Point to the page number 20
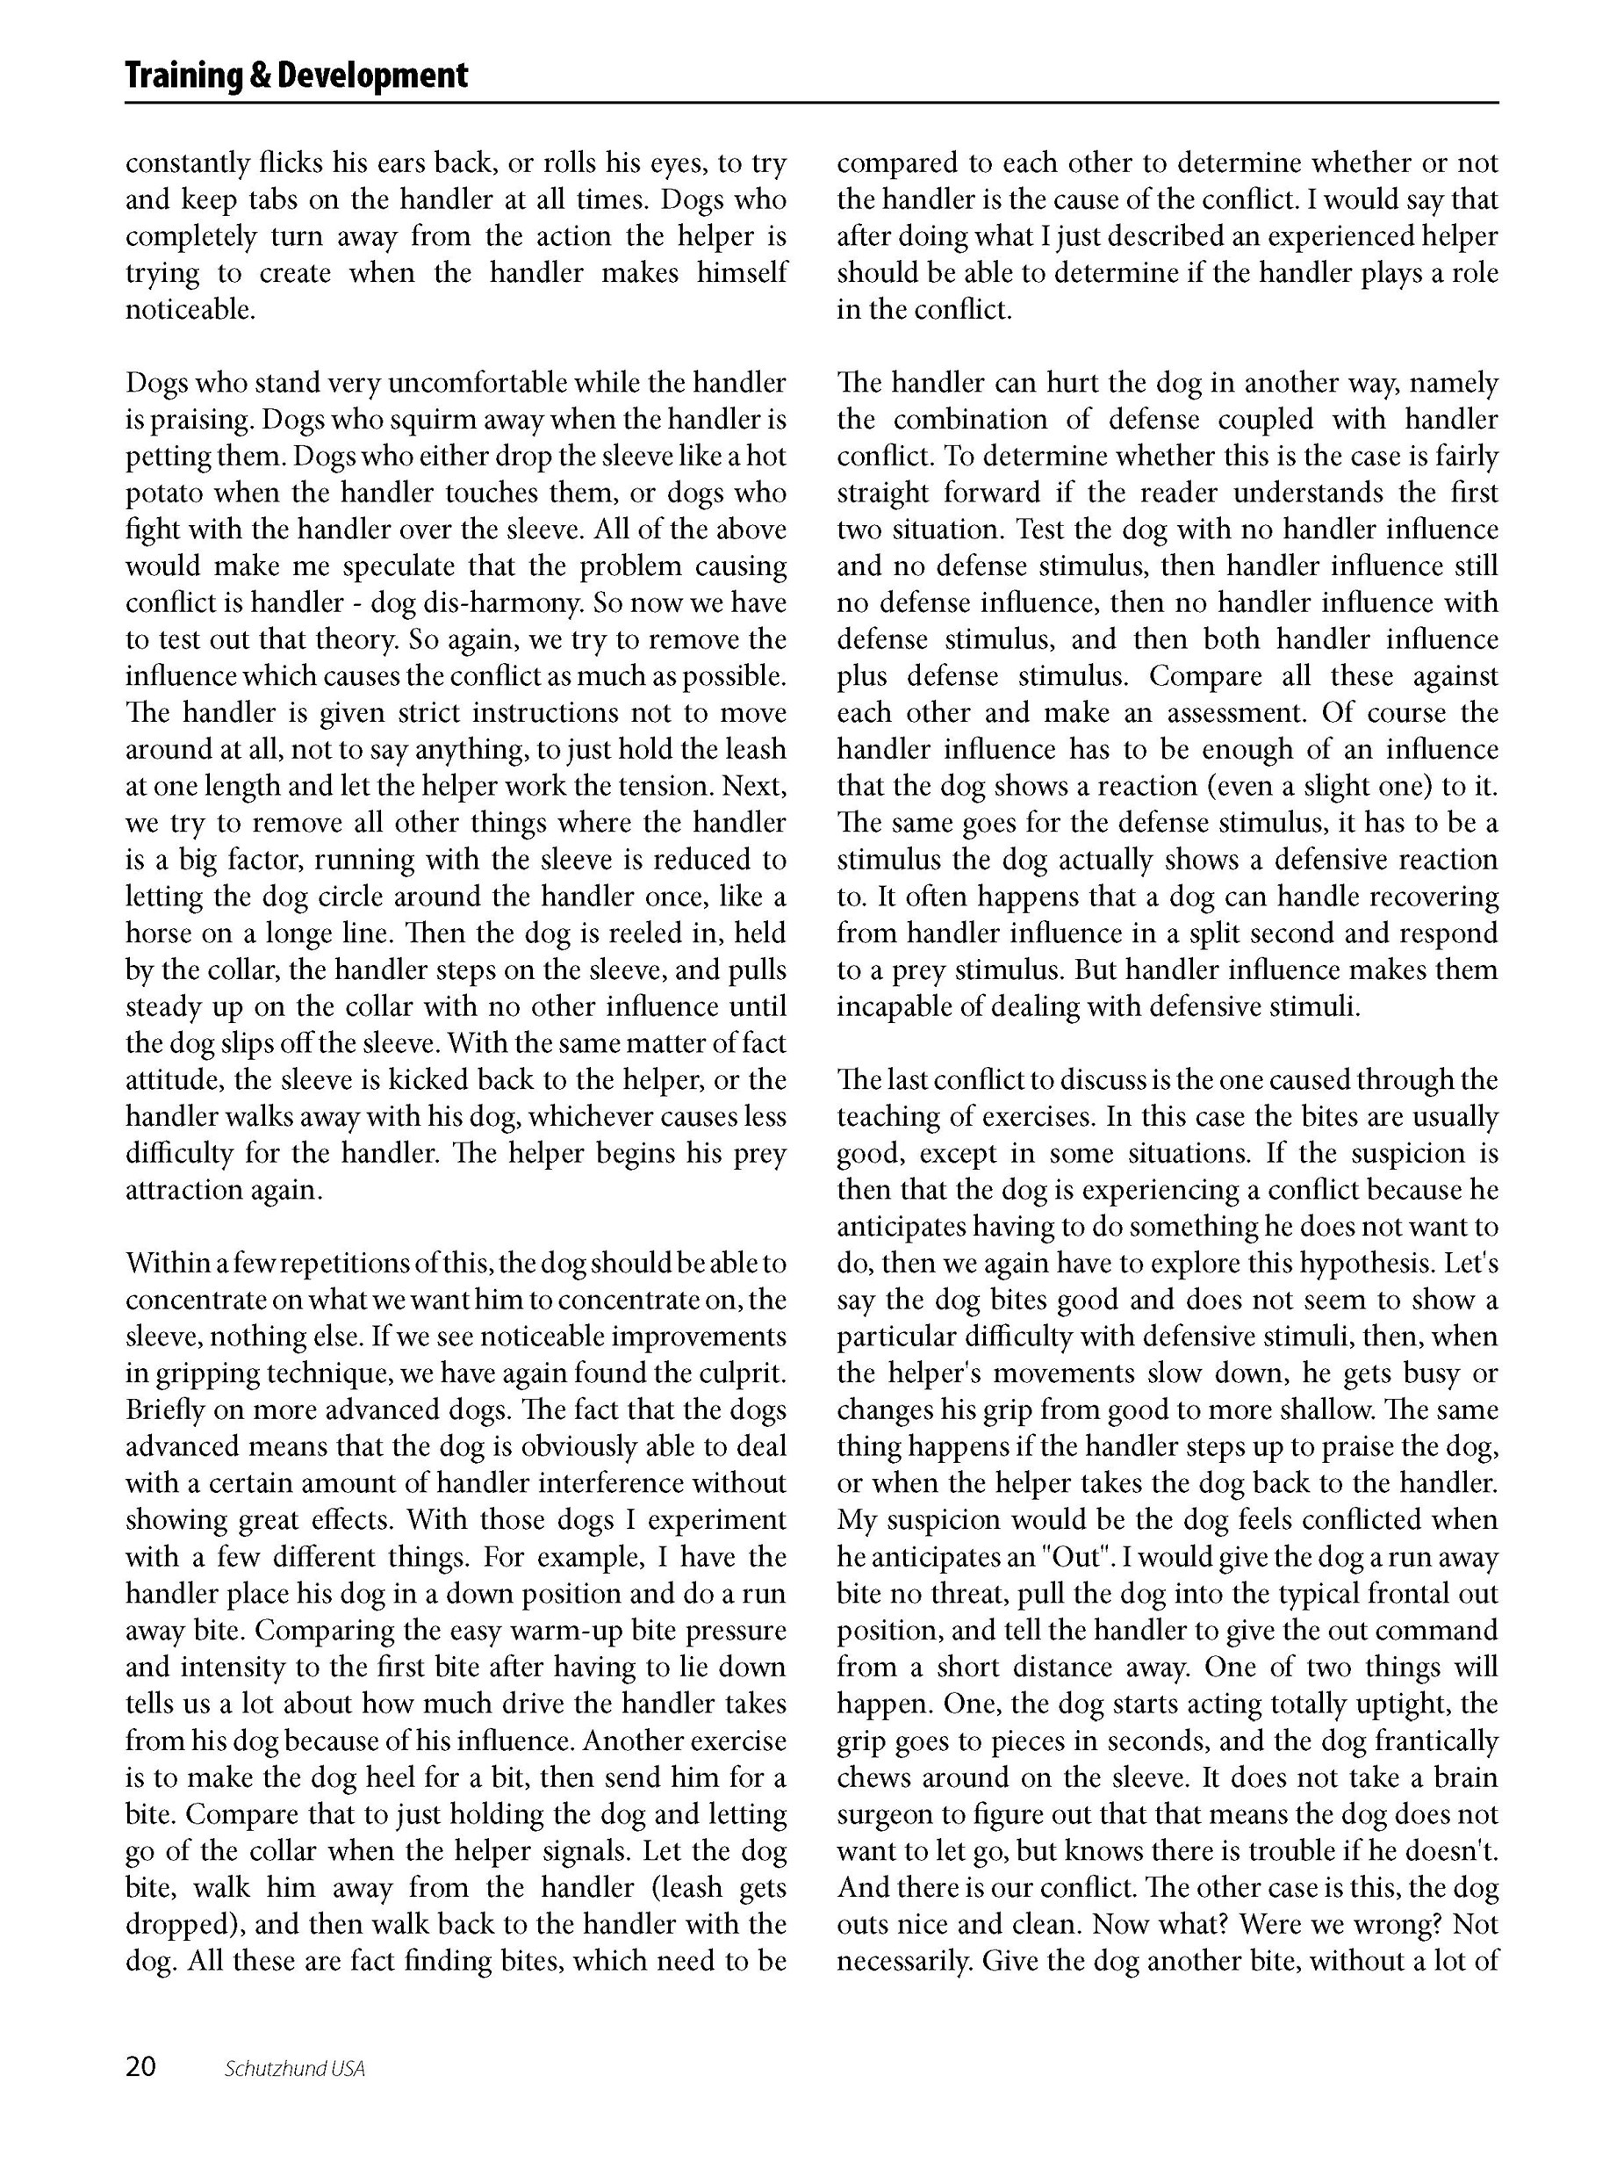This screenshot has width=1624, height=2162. pyautogui.click(x=140, y=2067)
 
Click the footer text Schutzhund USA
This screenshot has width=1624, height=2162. pyautogui.click(x=294, y=2069)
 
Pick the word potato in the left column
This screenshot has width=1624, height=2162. pyautogui.click(x=162, y=493)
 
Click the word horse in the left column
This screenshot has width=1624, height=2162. pyautogui.click(x=159, y=933)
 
